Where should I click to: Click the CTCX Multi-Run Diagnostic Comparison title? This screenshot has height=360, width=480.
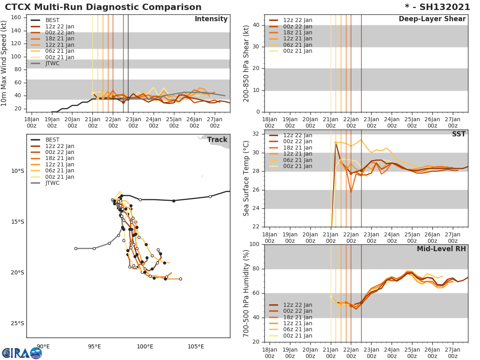coord(103,7)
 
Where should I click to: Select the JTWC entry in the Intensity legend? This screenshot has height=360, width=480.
coord(52,64)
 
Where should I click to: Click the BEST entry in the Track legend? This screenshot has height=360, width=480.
coord(52,140)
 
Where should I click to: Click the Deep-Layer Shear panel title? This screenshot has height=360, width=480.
coord(432,19)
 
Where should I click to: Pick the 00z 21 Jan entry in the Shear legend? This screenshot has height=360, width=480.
coord(298,51)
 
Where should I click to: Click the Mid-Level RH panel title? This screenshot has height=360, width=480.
coord(441,249)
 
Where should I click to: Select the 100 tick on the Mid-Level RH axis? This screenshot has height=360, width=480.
coord(254,244)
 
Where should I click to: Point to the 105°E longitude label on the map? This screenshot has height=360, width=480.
coord(196,346)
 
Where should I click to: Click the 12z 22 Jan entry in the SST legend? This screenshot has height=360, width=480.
coord(298,136)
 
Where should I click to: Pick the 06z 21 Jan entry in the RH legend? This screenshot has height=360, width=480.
coord(298,330)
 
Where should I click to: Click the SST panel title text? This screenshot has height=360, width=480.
coord(458,134)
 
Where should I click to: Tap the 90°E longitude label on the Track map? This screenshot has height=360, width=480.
coord(43,346)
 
